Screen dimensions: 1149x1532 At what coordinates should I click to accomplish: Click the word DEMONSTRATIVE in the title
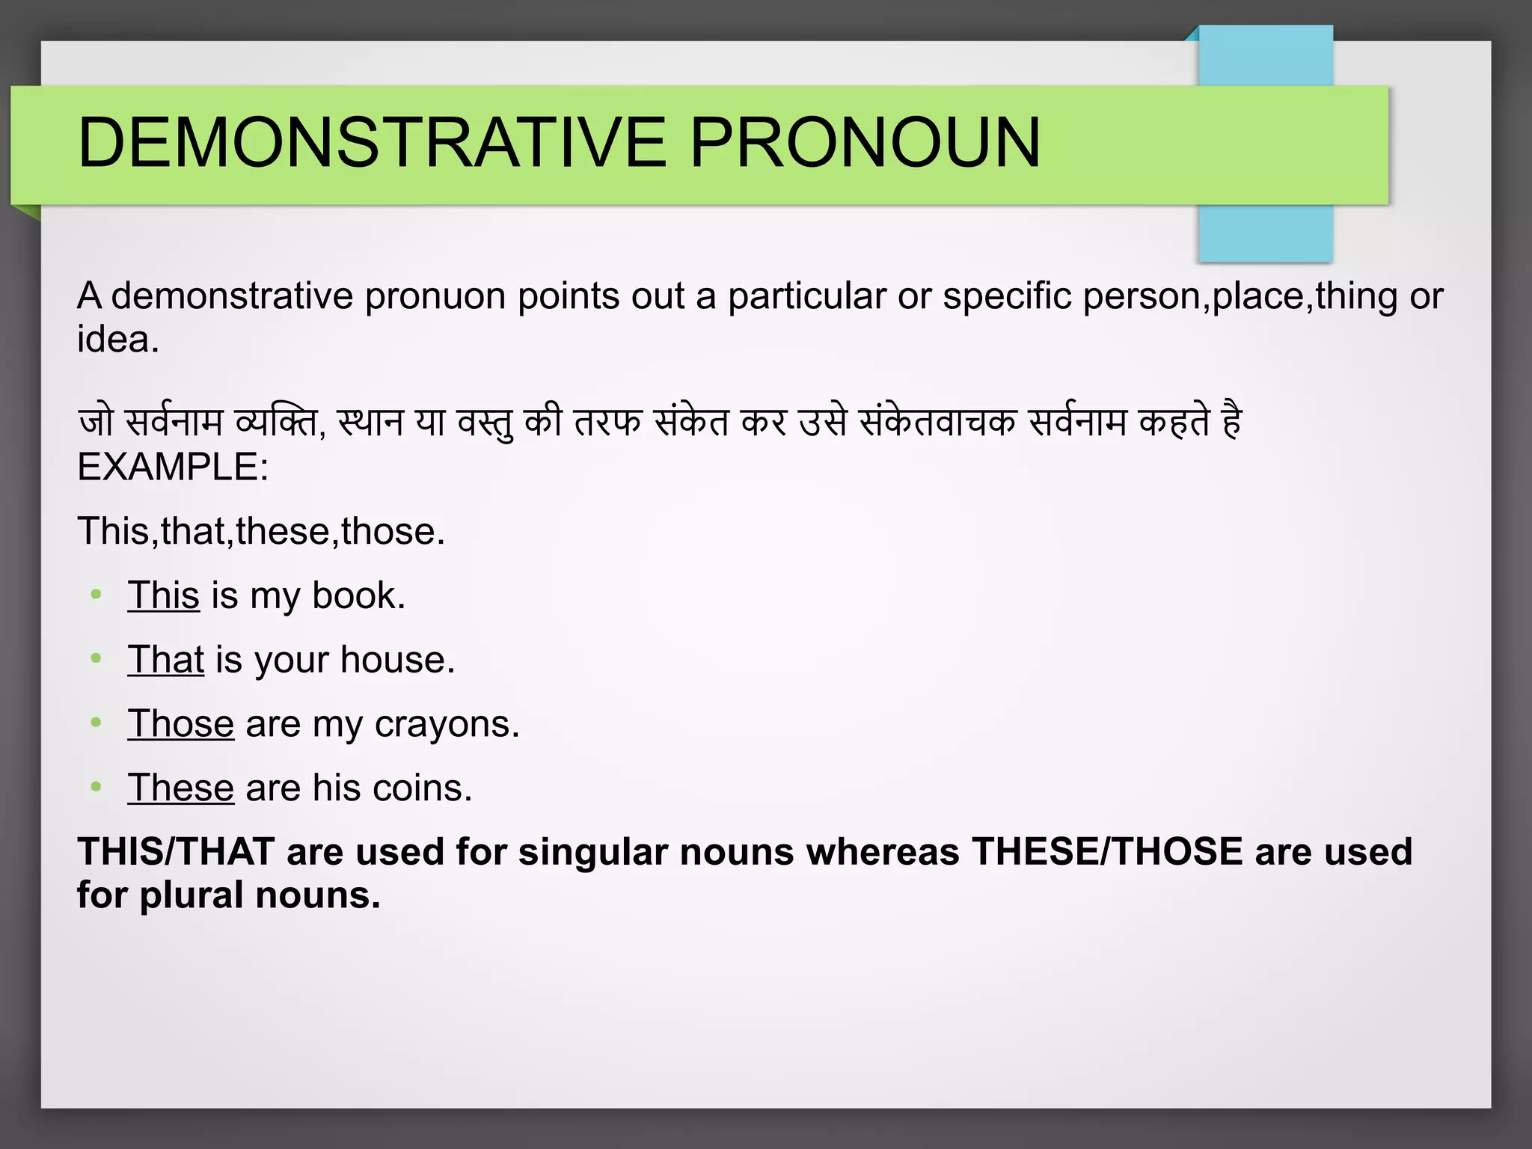click(x=372, y=142)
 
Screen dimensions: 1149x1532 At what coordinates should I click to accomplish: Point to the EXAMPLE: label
click(x=173, y=468)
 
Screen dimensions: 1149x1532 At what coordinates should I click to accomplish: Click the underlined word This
click(x=163, y=596)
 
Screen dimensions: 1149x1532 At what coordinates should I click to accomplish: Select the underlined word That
click(x=165, y=660)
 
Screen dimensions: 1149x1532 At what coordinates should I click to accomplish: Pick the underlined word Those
click(x=180, y=724)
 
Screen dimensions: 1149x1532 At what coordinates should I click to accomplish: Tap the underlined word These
click(x=180, y=788)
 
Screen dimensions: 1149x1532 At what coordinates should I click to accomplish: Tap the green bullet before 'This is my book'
click(x=96, y=595)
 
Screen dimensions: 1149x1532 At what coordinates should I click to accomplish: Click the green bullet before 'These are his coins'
click(x=96, y=787)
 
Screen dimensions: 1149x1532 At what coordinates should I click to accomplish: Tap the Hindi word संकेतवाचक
click(x=937, y=423)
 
